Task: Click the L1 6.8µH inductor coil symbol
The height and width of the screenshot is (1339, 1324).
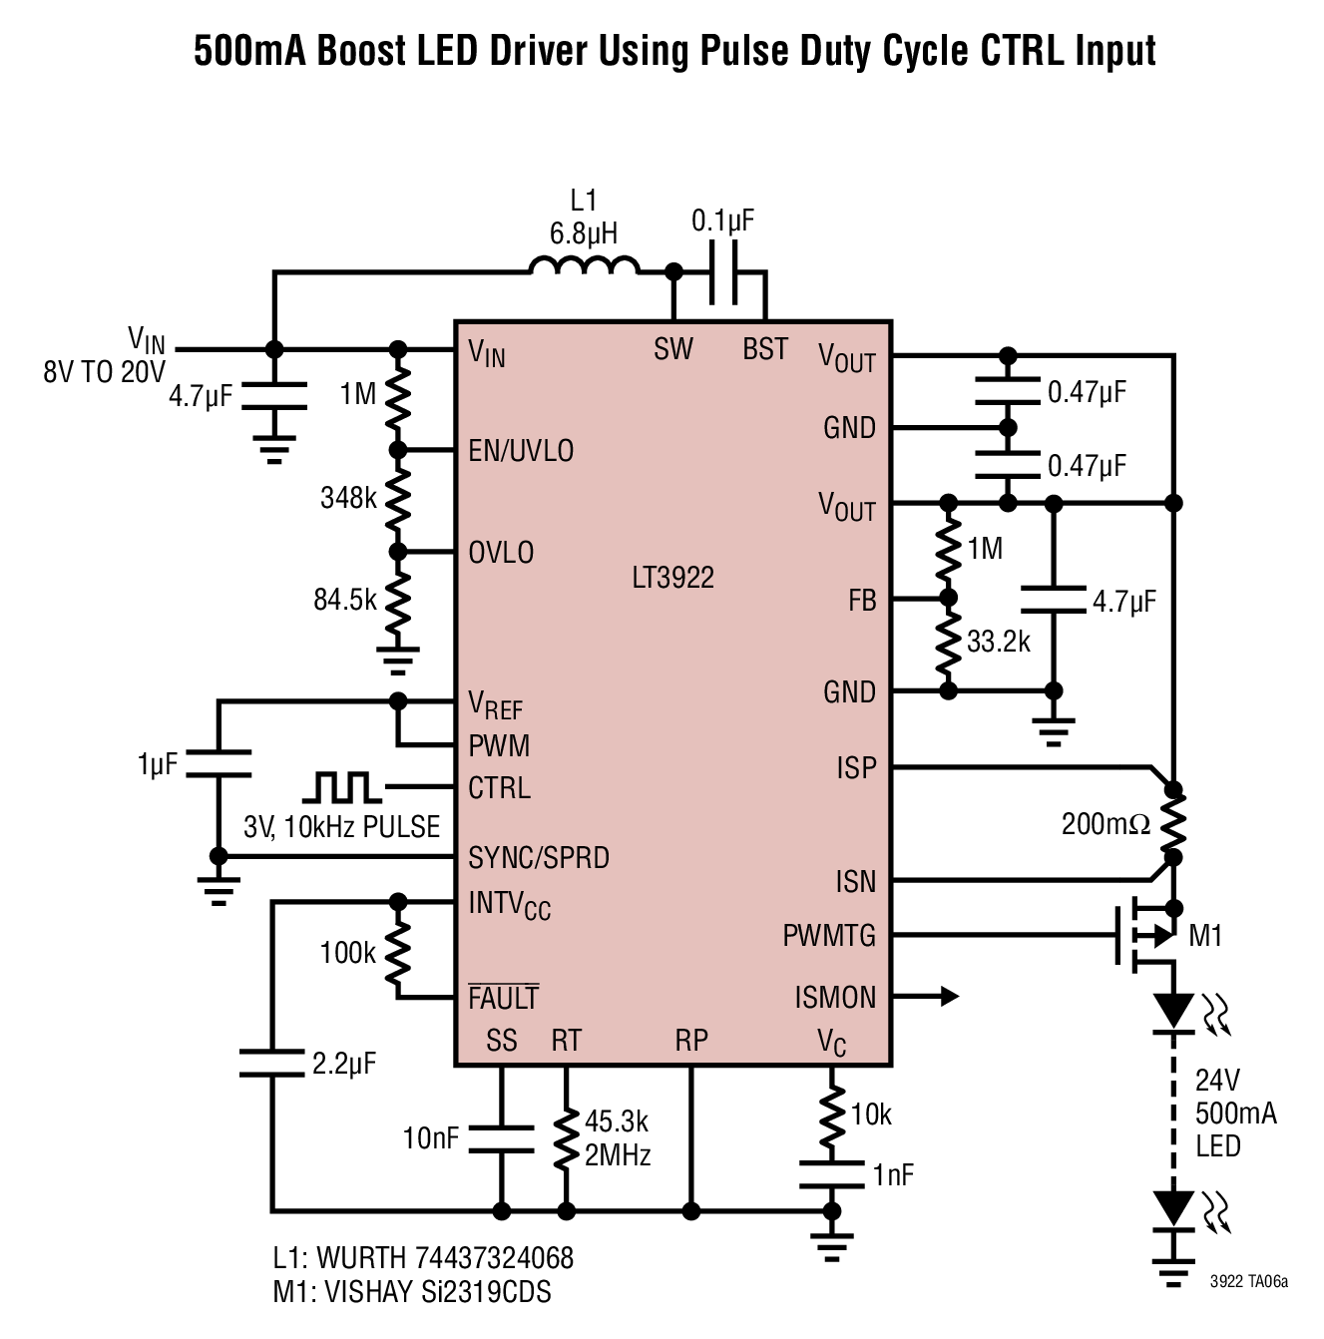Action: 584,265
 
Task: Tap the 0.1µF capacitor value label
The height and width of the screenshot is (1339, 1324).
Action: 722,221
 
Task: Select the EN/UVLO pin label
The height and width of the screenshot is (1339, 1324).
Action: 521,451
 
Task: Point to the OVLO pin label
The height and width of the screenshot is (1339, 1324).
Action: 501,553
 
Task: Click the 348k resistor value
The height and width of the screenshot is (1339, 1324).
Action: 348,498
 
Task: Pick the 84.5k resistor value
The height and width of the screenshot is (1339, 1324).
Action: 345,599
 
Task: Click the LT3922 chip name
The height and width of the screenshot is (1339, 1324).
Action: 672,578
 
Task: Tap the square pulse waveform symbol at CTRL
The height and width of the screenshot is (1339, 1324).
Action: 342,786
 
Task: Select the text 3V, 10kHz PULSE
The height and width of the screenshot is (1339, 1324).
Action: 341,827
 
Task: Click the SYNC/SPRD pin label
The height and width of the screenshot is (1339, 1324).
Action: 539,857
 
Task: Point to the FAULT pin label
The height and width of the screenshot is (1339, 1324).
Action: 503,998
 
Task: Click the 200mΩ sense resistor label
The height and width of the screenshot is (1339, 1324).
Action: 1105,824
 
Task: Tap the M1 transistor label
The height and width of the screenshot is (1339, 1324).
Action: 1205,935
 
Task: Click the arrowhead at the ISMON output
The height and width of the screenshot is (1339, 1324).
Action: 950,996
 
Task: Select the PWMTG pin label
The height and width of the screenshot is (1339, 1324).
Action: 829,935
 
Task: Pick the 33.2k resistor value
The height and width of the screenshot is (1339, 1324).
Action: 998,642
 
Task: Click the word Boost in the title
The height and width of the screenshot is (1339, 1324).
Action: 361,51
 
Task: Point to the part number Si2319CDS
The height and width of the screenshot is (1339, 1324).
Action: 486,1291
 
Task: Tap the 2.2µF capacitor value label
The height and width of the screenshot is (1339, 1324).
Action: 343,1064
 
